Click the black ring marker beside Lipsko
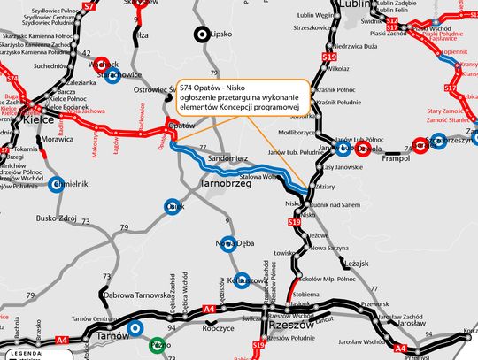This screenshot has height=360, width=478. [204, 34]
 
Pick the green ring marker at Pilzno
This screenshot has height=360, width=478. [135, 328]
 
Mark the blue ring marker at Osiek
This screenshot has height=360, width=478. [173, 207]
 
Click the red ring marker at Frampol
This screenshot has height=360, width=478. [421, 147]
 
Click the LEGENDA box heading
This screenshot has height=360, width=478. [21, 354]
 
